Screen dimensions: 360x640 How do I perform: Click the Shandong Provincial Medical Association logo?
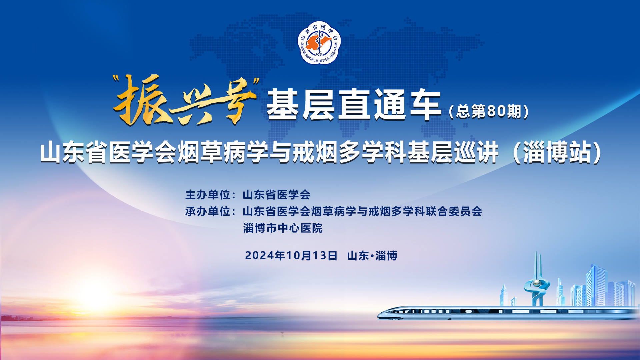click(319, 43)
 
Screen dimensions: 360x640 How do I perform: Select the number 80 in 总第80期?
click(496, 111)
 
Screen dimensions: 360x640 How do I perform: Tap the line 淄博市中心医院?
click(283, 228)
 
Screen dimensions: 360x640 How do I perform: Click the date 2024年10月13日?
click(291, 256)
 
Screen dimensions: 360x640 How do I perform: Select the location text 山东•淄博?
click(372, 256)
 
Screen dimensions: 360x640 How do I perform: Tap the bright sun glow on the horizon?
click(95, 295)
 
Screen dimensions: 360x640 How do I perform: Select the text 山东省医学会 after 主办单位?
click(276, 195)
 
